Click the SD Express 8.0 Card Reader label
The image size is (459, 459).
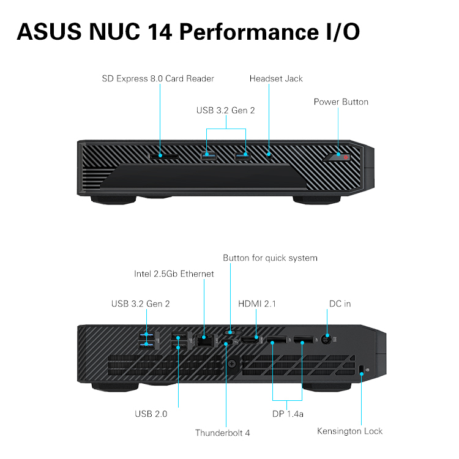tap(158, 79)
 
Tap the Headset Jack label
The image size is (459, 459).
tap(276, 79)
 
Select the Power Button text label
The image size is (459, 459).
tap(341, 102)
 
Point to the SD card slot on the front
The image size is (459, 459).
tap(165, 156)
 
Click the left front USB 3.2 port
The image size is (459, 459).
tap(209, 155)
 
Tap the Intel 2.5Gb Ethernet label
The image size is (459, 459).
tap(174, 274)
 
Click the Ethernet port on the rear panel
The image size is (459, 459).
tap(204, 341)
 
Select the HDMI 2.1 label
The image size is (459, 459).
tap(257, 304)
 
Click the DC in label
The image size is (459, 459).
tap(340, 304)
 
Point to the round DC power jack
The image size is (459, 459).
tap(326, 337)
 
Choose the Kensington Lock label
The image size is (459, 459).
tap(349, 431)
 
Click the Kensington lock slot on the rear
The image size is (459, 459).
tap(362, 368)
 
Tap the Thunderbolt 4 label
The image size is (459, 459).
tap(222, 433)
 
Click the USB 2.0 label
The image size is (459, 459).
tap(151, 414)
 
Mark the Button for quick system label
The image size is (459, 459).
tap(270, 258)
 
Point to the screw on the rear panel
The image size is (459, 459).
tap(233, 364)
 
